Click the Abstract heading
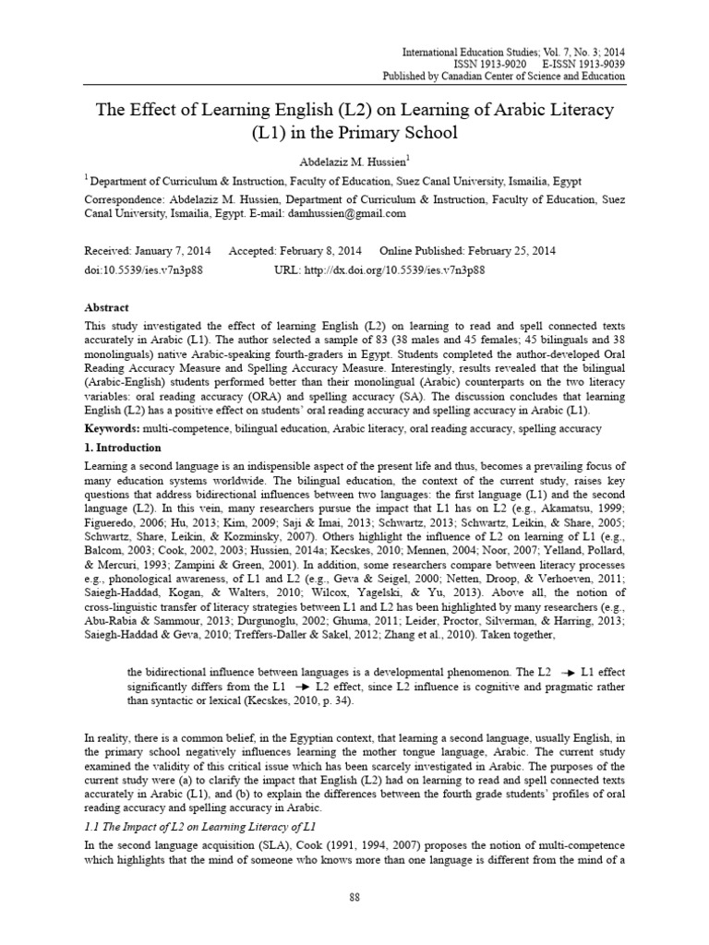(106, 308)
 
